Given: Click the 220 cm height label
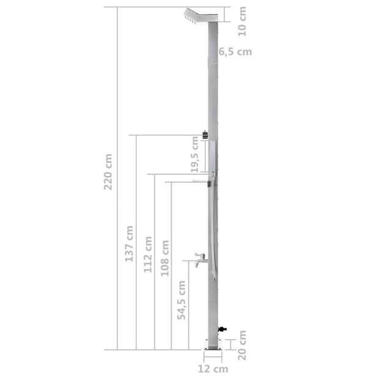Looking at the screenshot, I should (x=108, y=171).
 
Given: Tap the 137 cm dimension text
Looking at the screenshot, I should (x=129, y=243).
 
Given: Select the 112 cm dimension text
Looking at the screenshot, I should (x=147, y=254).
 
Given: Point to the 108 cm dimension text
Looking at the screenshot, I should (x=164, y=258).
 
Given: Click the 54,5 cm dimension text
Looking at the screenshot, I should (x=182, y=301).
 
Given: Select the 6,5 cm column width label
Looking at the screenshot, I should (x=235, y=52).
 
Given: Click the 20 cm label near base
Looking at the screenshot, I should (x=242, y=345).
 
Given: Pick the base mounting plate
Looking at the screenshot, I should (x=213, y=348).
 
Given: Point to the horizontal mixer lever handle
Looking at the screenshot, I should (x=201, y=182).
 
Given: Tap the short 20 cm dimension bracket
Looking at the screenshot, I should (x=230, y=344).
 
